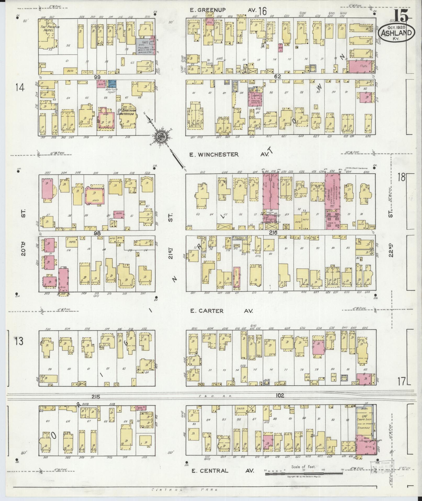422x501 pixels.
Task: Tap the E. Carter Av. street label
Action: (221, 311)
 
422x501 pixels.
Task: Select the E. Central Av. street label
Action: (222, 471)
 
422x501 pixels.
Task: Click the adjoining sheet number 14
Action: (20, 87)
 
